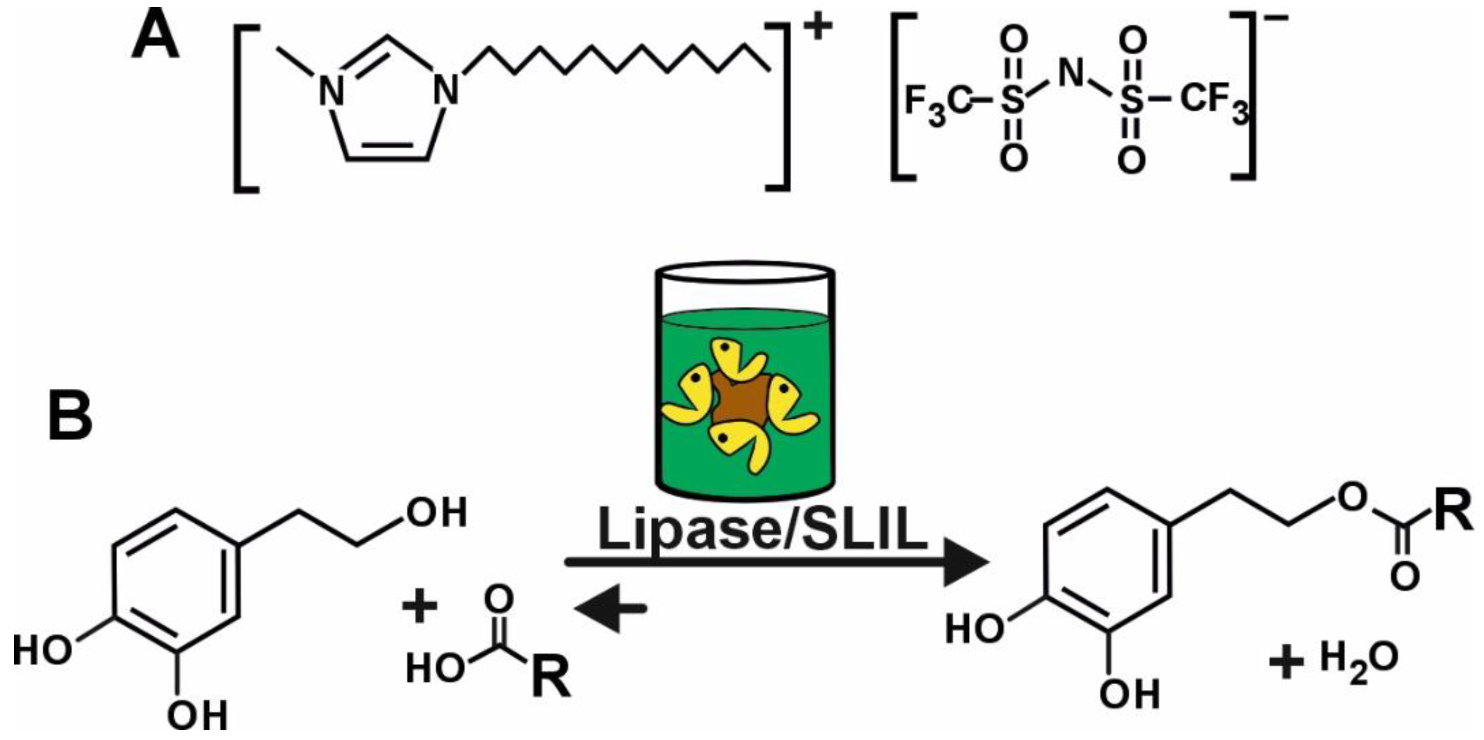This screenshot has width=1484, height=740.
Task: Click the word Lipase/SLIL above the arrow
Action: [x=763, y=531]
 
